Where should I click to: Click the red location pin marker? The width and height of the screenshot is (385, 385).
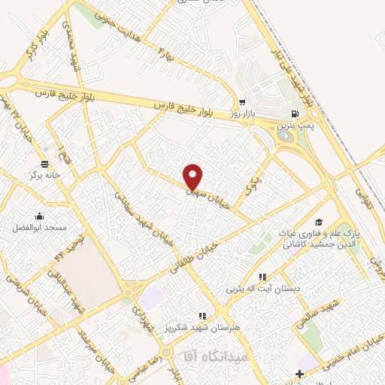[193, 176]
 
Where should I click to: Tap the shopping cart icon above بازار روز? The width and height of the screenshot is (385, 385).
[242, 102]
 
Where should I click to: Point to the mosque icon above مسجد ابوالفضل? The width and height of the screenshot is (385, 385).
[39, 217]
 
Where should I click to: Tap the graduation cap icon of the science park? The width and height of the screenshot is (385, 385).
[319, 222]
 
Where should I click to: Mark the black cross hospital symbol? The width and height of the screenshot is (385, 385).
[299, 374]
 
